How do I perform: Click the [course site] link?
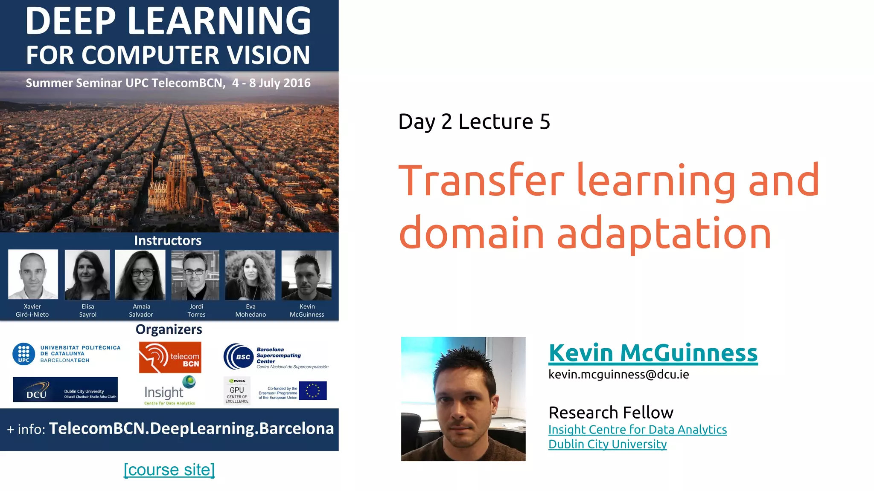169,470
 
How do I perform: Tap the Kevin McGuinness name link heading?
653,353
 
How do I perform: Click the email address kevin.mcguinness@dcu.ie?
618,374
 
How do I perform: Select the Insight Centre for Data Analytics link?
637,430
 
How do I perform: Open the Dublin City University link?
607,444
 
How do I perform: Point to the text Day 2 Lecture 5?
474,122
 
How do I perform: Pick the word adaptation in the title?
664,233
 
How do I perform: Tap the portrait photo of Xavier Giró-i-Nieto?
33,274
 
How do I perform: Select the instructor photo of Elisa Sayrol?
87,274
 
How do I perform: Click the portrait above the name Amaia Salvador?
140,274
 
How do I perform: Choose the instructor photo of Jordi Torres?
195,274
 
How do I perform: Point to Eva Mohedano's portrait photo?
250,274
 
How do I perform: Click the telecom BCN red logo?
170,357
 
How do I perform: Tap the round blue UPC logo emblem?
24,354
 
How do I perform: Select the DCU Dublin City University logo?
65,389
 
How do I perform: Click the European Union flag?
313,390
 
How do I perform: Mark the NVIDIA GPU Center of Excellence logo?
237,390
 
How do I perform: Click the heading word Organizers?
169,329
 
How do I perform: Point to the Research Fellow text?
611,413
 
